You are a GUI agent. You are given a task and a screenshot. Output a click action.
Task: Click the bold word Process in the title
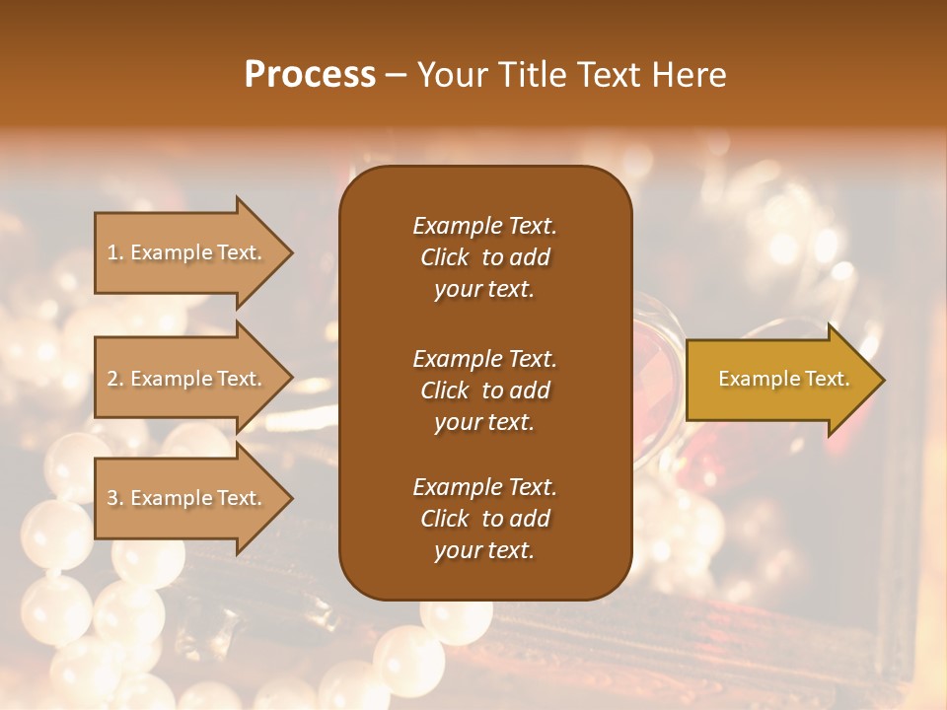coord(310,75)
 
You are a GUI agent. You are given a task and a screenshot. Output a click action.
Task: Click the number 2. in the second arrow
coord(115,379)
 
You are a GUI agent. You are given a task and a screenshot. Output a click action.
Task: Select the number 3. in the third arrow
coord(115,498)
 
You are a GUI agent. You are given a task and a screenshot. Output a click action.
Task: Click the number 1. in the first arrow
coord(114,252)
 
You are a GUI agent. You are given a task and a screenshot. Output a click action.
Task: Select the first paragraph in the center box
coord(484,257)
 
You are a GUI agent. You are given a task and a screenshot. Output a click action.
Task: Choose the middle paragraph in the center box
coord(484,390)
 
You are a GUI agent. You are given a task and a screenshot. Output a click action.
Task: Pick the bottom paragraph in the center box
coord(484,519)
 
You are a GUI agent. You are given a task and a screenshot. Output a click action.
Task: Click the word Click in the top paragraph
coord(444,257)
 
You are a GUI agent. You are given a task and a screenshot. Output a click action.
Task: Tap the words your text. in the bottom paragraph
coord(484,551)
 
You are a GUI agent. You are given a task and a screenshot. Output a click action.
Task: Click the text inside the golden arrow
coord(784,379)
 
